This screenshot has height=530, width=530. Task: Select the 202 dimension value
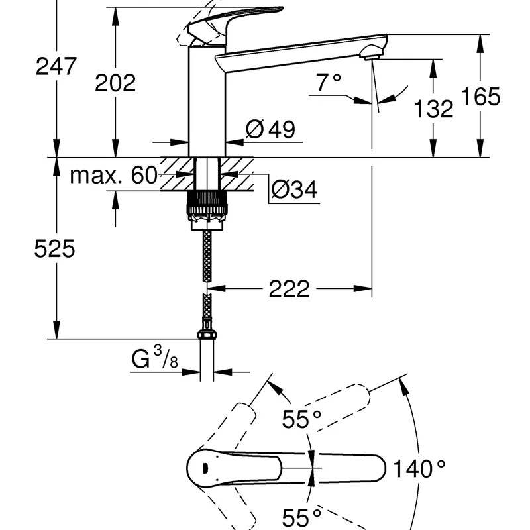(x=115, y=82)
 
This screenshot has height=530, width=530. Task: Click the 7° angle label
(x=329, y=83)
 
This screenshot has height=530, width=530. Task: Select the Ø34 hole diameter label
(x=295, y=191)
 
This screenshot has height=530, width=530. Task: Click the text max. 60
(x=113, y=176)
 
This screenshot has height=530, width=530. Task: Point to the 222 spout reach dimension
(x=290, y=288)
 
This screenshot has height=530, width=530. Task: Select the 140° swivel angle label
(x=420, y=470)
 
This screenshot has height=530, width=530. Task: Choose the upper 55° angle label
(x=300, y=419)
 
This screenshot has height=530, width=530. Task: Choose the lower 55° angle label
(x=301, y=516)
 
